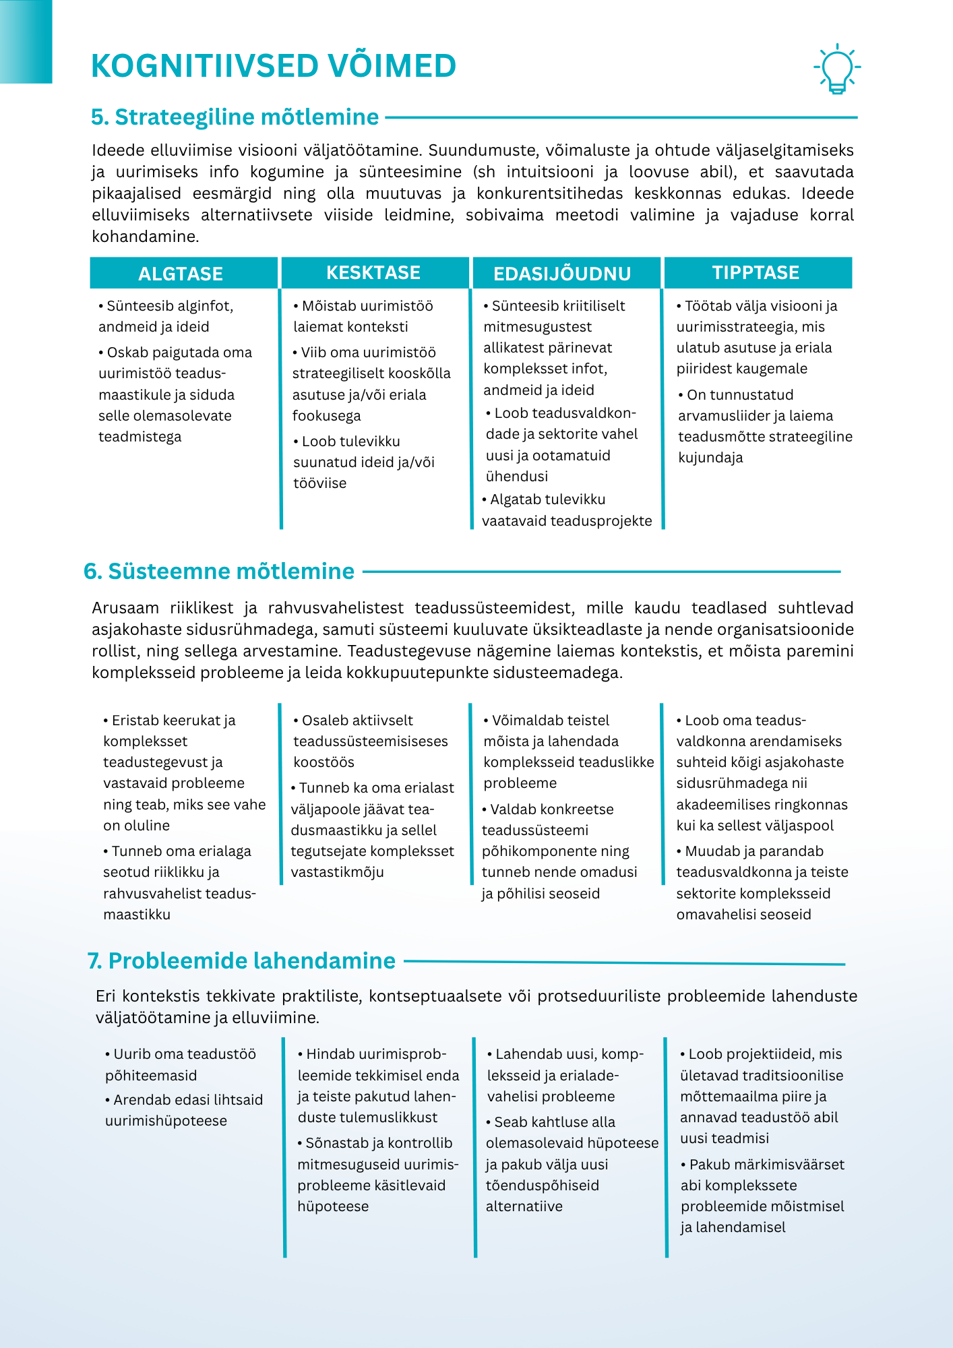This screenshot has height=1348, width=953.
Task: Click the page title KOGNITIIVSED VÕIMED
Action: (x=274, y=66)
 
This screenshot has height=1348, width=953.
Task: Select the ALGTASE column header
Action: (x=181, y=274)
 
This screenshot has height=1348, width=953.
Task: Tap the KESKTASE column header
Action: (x=373, y=273)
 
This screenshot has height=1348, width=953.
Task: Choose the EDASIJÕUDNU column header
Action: (x=562, y=274)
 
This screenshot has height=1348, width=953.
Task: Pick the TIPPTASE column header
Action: (x=756, y=273)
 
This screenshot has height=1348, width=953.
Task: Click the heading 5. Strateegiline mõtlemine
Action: (x=235, y=117)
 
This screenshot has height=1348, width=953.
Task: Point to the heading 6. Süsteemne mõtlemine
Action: (x=220, y=572)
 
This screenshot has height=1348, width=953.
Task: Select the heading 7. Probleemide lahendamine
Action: (x=242, y=961)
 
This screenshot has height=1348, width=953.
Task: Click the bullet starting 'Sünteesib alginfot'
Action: (x=166, y=316)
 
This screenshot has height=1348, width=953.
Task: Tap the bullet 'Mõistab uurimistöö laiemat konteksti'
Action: (x=363, y=316)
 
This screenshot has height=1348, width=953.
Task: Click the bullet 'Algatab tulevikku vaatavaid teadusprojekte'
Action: (x=567, y=510)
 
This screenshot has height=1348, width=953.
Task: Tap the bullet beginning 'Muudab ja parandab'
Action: (x=762, y=882)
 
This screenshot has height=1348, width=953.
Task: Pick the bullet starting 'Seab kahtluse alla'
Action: (x=572, y=1164)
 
